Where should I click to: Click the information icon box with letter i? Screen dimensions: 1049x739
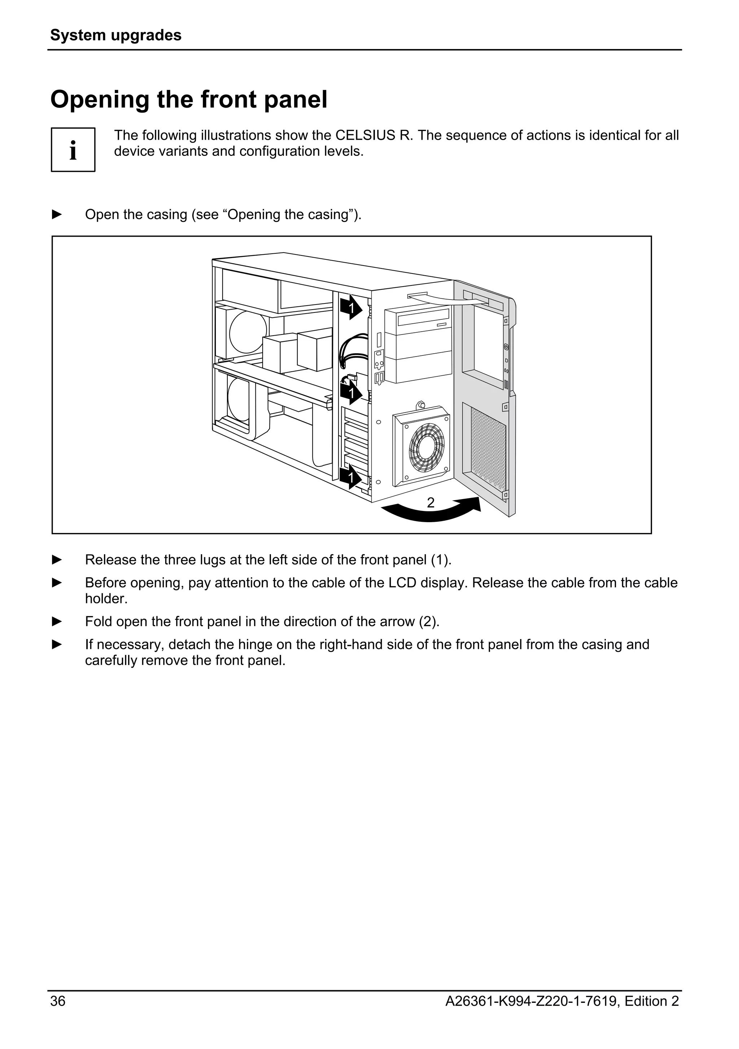73,149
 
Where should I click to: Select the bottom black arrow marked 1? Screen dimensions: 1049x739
351,477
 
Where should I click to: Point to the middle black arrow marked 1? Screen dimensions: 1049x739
351,393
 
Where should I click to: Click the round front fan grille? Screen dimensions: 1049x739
426,448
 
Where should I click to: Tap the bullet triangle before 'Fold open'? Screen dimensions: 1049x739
57,621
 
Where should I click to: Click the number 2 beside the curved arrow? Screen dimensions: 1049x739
430,503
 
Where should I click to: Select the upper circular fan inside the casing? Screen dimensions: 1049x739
248,331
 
